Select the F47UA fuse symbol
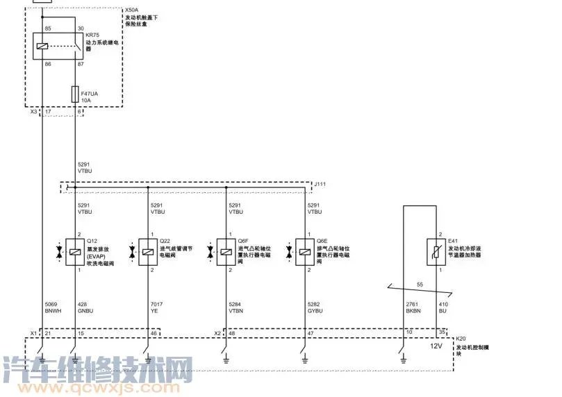(75, 94)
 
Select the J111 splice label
(322, 184)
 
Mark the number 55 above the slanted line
(419, 285)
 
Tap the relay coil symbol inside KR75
(43, 46)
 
